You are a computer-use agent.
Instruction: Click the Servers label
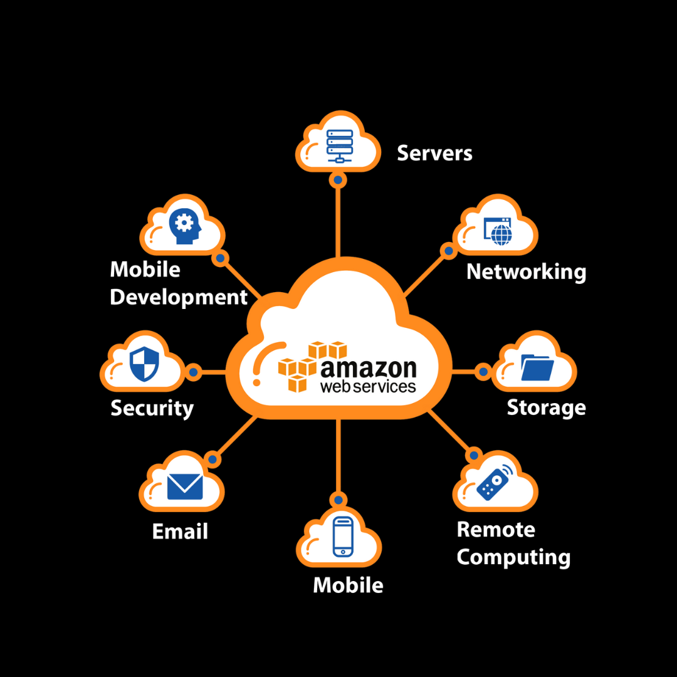point(434,153)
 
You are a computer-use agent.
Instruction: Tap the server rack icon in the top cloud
point(339,145)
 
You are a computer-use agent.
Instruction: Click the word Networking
point(527,272)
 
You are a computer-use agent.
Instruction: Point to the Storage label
point(546,407)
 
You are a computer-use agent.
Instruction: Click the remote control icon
point(493,483)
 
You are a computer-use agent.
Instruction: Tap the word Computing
point(513,557)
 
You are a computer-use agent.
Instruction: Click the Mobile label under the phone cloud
point(348,585)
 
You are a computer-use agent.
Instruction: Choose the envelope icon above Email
point(185,486)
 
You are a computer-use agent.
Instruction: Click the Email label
point(180,532)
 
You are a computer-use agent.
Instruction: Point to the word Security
point(152,408)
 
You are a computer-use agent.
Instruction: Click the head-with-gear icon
point(184,226)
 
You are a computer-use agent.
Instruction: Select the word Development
point(179,297)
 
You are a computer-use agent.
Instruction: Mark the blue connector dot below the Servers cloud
point(338,181)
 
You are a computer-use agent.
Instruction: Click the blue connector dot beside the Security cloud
point(193,372)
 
